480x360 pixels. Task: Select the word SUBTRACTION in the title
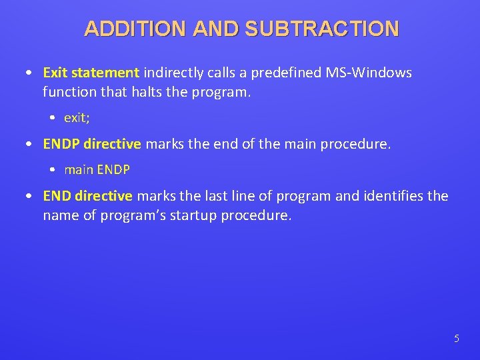click(321, 29)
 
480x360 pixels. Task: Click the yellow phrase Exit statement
click(91, 72)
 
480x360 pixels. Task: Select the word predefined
click(285, 72)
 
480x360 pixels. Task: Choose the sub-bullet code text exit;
click(77, 118)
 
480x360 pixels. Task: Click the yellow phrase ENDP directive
click(92, 143)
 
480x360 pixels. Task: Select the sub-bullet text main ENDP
click(97, 170)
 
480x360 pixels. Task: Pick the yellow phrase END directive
click(88, 196)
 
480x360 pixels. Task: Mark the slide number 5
click(456, 339)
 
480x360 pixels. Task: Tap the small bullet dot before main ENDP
click(53, 170)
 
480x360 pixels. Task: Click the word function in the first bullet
click(67, 91)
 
